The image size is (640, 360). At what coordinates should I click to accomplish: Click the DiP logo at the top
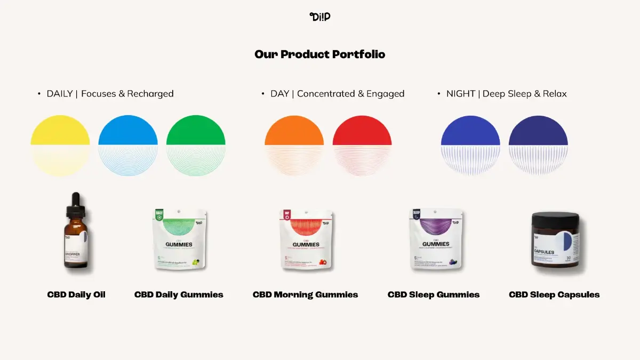pyautogui.click(x=320, y=17)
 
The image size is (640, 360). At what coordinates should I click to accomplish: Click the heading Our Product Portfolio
pyautogui.click(x=320, y=54)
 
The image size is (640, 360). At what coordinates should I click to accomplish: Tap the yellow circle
pyautogui.click(x=60, y=146)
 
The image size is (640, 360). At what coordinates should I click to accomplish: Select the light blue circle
pyautogui.click(x=128, y=146)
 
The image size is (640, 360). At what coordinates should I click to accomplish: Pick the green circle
pyautogui.click(x=196, y=146)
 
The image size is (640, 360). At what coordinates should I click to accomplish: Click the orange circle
pyautogui.click(x=294, y=146)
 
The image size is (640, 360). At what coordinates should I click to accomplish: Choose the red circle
pyautogui.click(x=362, y=146)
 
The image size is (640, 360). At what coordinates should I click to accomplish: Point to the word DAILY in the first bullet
pyautogui.click(x=60, y=94)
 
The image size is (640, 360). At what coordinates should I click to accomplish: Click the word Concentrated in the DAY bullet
pyautogui.click(x=326, y=94)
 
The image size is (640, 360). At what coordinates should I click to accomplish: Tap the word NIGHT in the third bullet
pyautogui.click(x=461, y=94)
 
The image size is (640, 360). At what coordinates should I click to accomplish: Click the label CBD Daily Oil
pyautogui.click(x=76, y=294)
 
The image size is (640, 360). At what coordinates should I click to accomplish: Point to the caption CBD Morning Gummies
pyautogui.click(x=305, y=294)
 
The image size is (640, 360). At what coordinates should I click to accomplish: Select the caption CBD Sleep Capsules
pyautogui.click(x=554, y=294)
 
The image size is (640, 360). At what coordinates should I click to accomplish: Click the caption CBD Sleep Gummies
pyautogui.click(x=434, y=294)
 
